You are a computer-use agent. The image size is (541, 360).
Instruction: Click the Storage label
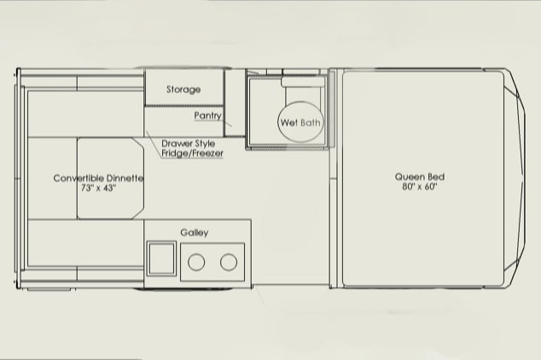183,90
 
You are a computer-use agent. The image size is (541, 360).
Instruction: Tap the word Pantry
207,115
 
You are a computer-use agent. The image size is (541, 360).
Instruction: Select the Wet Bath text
300,122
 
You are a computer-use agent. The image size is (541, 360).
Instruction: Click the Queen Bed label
420,177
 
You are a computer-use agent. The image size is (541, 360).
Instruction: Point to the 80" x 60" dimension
420,187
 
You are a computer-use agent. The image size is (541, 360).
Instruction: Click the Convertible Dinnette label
98,178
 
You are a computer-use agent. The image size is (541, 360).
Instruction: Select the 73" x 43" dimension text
98,188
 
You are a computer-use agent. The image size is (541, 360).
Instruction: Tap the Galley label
195,233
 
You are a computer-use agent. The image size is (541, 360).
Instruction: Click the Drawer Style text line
188,143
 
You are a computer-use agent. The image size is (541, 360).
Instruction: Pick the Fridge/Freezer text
192,153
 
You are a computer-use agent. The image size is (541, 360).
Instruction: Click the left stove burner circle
196,263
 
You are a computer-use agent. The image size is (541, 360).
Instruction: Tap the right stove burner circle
229,262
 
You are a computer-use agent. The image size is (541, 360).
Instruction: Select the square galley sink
161,258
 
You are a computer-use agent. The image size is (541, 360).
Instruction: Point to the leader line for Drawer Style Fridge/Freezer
154,144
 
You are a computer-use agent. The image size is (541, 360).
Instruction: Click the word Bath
310,122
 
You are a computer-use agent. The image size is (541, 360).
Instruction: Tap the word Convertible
79,178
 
